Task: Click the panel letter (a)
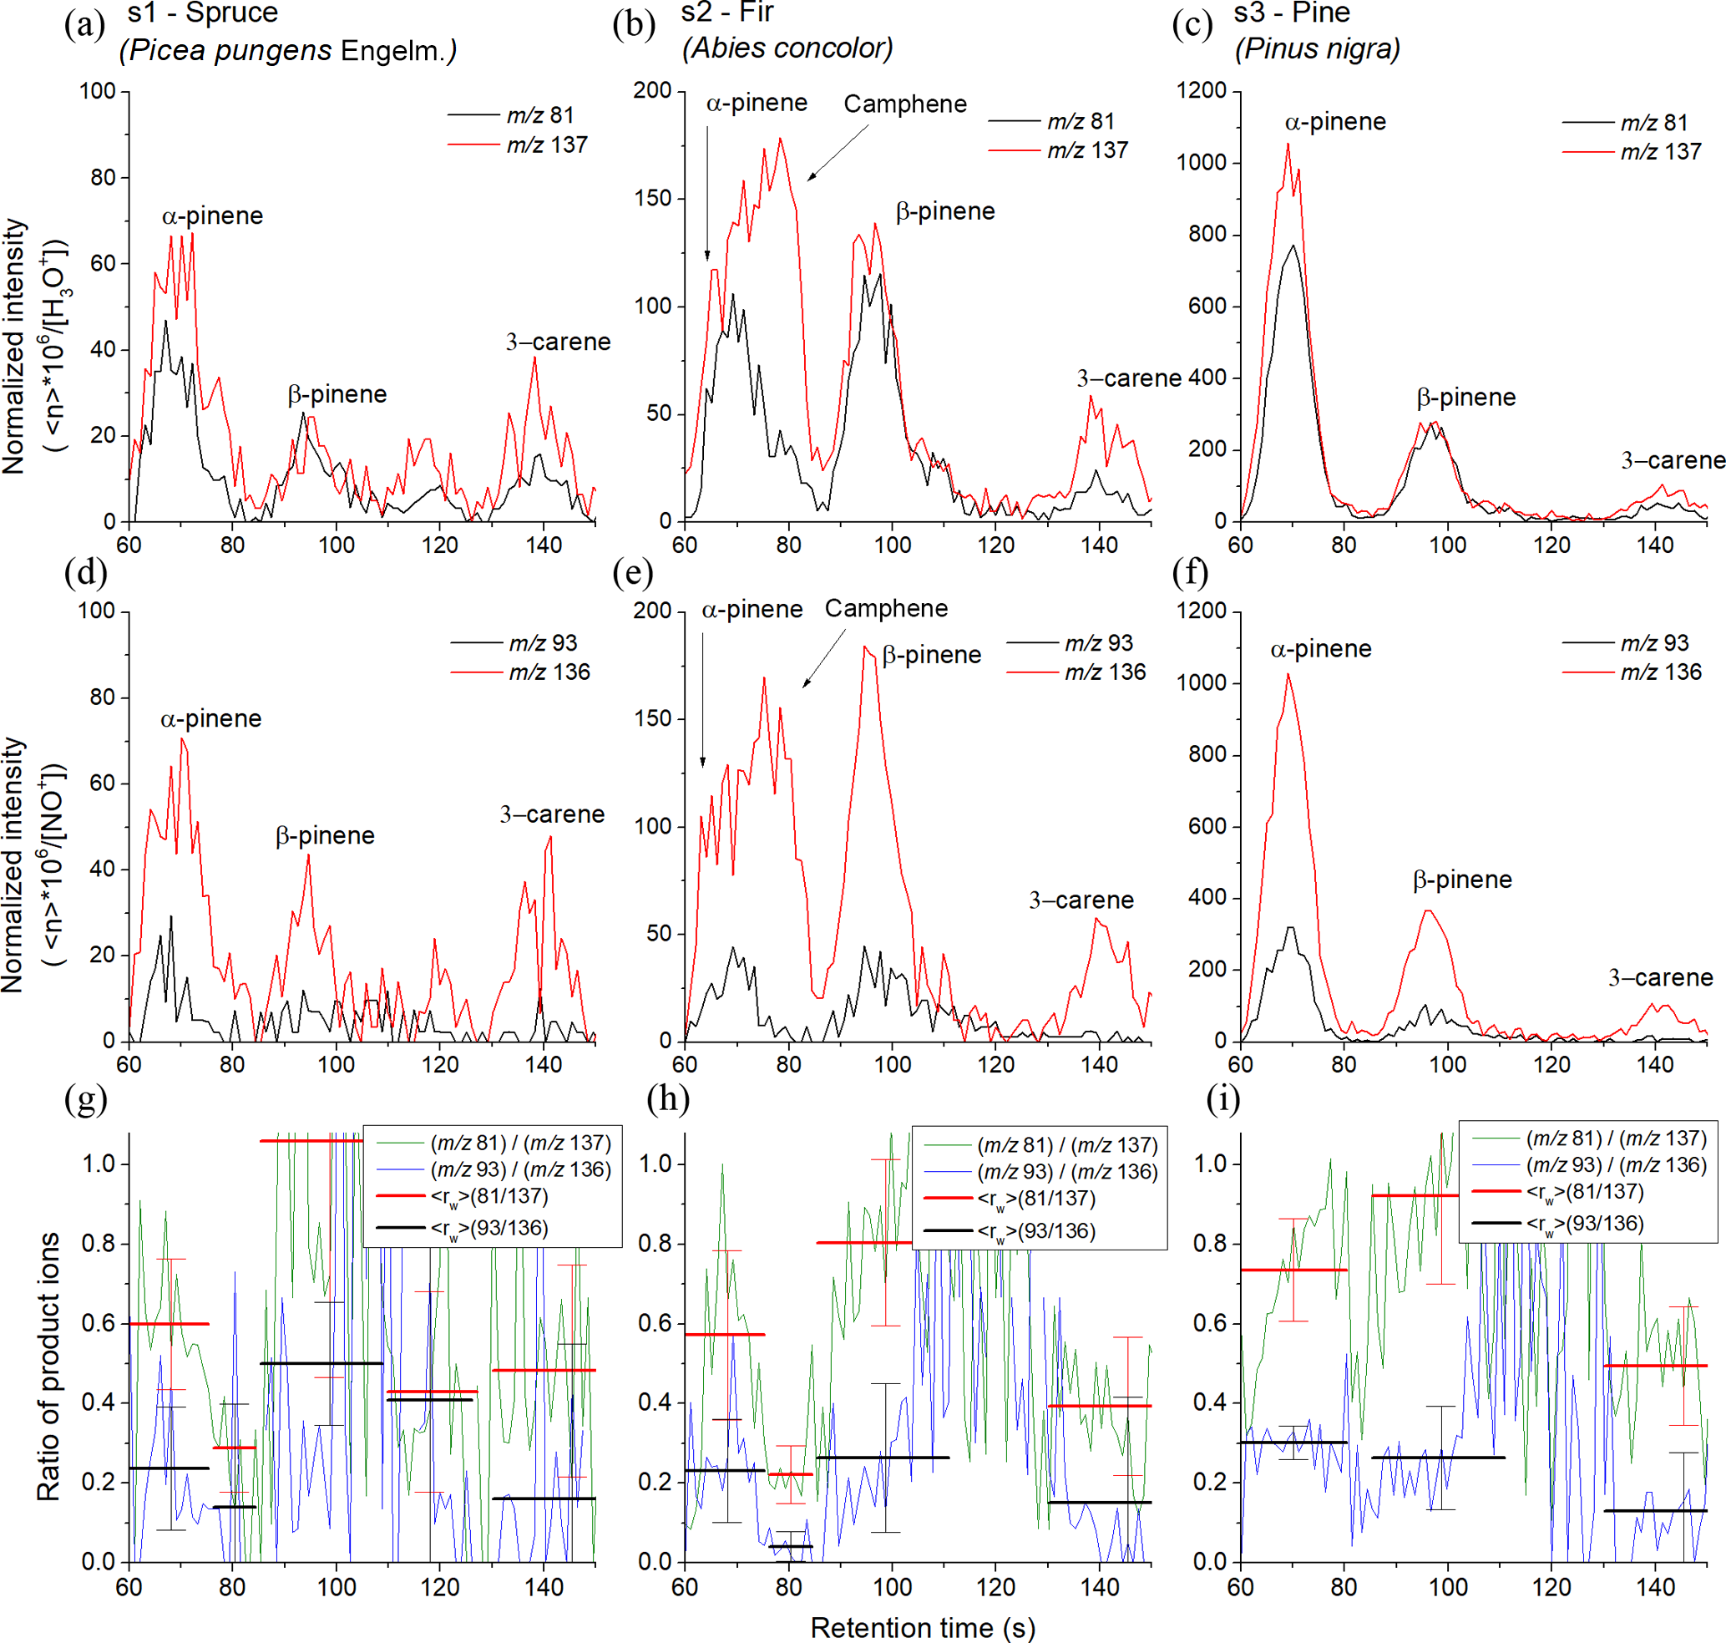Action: pyautogui.click(x=85, y=24)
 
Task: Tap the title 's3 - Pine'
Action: pyautogui.click(x=1292, y=13)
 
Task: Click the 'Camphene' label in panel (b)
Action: pyautogui.click(x=904, y=104)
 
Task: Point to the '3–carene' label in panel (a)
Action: pyautogui.click(x=558, y=342)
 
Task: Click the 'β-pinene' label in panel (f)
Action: pyautogui.click(x=1462, y=880)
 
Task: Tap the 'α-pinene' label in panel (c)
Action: pyautogui.click(x=1335, y=122)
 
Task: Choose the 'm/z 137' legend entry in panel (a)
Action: pyautogui.click(x=547, y=145)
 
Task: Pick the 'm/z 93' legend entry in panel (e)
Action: pyautogui.click(x=1098, y=643)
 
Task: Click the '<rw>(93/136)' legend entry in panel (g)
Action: pyautogui.click(x=489, y=1228)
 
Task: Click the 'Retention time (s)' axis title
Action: pyautogui.click(x=922, y=1627)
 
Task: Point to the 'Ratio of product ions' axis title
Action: pyautogui.click(x=49, y=1367)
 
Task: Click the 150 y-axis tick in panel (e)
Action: pyautogui.click(x=652, y=718)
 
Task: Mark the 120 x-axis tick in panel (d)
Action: pyautogui.click(x=439, y=1064)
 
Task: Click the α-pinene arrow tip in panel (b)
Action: pyautogui.click(x=707, y=259)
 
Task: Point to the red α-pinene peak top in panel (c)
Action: pyautogui.click(x=1288, y=145)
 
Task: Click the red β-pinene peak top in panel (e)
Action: pyautogui.click(x=865, y=647)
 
